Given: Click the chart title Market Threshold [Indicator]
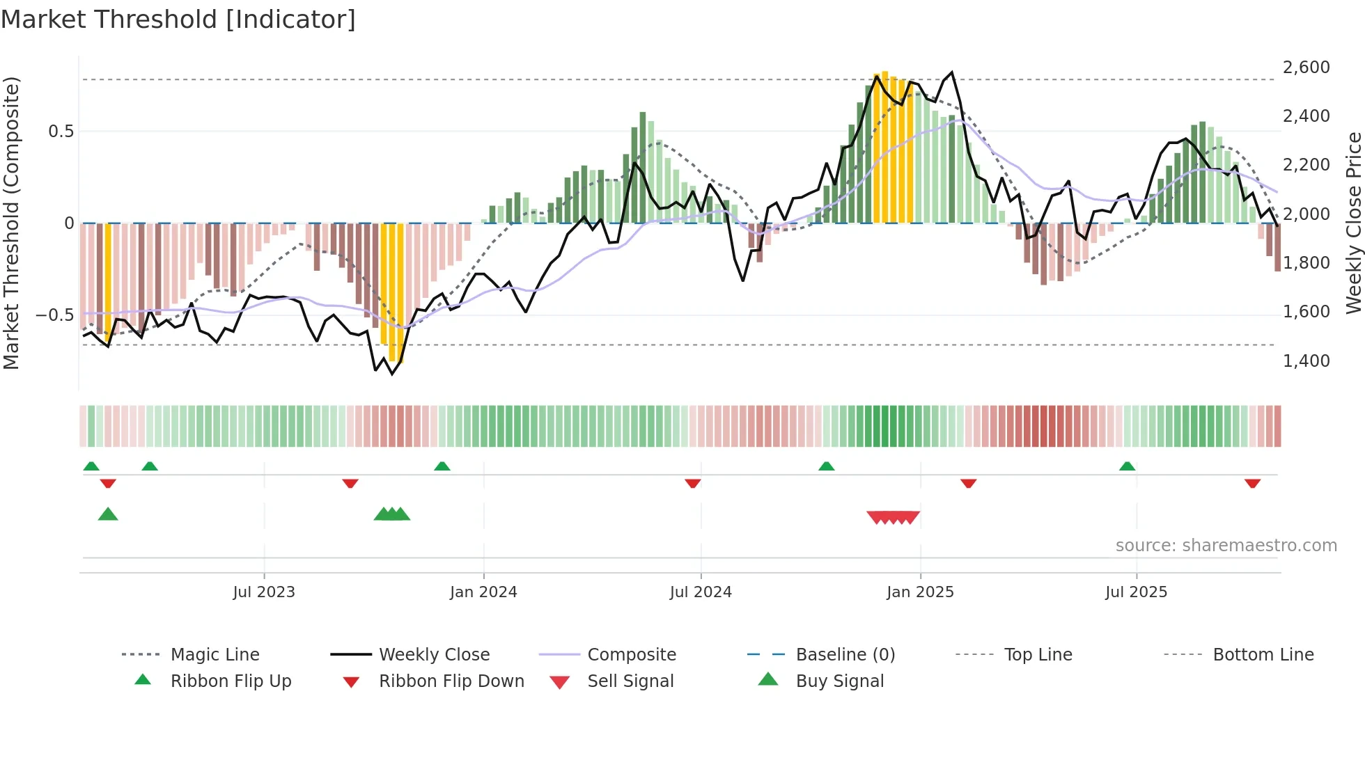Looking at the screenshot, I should click(x=178, y=19).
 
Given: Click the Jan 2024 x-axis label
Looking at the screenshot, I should click(x=483, y=592).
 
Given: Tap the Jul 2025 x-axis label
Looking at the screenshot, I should click(x=1136, y=592).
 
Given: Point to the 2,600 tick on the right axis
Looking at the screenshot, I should click(x=1306, y=68).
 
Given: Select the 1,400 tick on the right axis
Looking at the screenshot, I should click(x=1306, y=361).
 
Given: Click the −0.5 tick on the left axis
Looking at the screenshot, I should click(x=54, y=315).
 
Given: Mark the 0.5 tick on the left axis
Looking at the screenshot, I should click(x=61, y=132).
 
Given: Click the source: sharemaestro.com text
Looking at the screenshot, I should click(x=1226, y=546).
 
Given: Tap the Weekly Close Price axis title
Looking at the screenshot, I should click(x=1353, y=223).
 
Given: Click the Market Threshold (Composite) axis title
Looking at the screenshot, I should click(x=11, y=223).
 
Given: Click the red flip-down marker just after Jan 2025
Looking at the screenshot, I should click(x=968, y=483).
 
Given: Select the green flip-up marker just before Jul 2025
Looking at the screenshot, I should click(x=1127, y=466).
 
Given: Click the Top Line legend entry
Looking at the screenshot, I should click(x=1038, y=655).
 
